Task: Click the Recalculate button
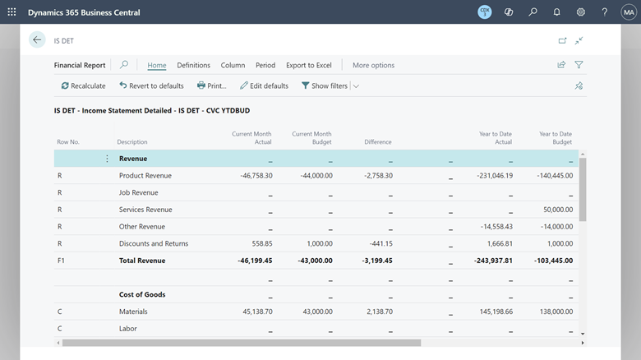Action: (83, 86)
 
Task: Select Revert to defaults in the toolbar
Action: (151, 86)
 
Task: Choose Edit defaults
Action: (264, 86)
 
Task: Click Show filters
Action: (325, 86)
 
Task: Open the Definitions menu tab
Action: (193, 65)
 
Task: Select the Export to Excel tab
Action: (309, 65)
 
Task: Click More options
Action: (374, 65)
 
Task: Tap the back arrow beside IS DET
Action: (37, 39)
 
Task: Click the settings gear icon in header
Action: (580, 12)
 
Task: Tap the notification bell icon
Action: (557, 12)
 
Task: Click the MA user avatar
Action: (629, 12)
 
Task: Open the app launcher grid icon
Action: (12, 12)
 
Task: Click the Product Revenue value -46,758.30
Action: (256, 176)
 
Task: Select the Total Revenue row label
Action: (142, 261)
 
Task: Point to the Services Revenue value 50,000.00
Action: (558, 210)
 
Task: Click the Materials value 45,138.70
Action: (257, 312)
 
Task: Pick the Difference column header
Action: (378, 142)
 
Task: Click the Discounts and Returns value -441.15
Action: (381, 243)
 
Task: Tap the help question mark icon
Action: (604, 12)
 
